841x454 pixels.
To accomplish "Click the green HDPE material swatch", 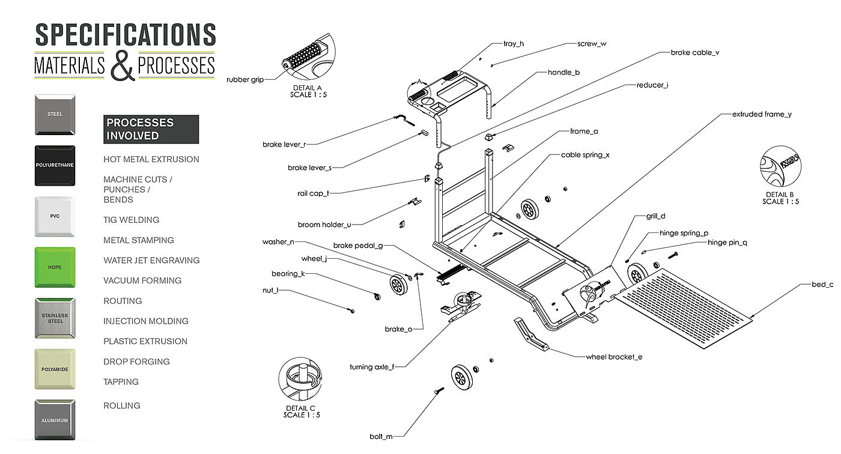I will tap(55, 267).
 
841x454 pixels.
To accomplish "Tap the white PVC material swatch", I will tap(55, 216).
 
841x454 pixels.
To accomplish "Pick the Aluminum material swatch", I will tap(55, 420).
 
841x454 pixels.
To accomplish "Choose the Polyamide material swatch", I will tap(55, 369).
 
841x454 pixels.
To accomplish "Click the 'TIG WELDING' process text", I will tap(131, 220).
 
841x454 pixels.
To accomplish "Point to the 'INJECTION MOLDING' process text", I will tap(145, 321).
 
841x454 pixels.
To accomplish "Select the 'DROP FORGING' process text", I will tap(136, 362).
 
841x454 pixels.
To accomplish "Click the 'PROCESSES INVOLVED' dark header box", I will tap(151, 129).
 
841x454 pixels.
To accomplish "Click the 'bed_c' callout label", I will tap(821, 284).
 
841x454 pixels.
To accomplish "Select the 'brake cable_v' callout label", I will tap(694, 52).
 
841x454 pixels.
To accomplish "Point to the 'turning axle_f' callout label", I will tap(372, 367).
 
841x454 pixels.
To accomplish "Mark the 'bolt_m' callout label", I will tap(381, 436).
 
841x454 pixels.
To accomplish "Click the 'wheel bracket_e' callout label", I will tap(614, 357).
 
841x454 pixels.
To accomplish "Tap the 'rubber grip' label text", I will tap(244, 79).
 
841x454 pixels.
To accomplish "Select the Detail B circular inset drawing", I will tap(780, 168).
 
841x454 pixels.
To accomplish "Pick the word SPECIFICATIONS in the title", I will tap(126, 35).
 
